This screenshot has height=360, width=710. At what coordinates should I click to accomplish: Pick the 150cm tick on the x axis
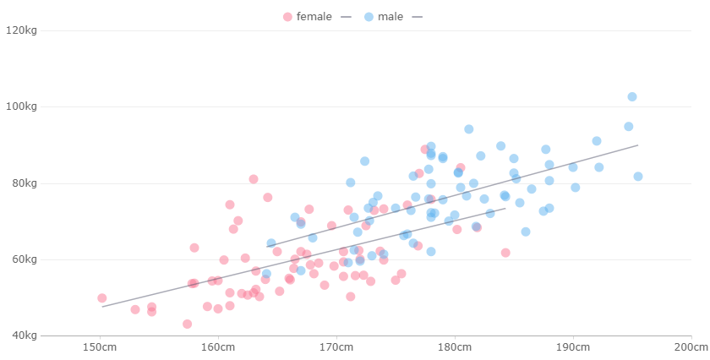click(99, 348)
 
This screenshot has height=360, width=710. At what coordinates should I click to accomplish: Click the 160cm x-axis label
click(217, 348)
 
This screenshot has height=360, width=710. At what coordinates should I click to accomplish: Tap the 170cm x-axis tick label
click(336, 348)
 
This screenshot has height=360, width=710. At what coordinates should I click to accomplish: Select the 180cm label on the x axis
click(455, 348)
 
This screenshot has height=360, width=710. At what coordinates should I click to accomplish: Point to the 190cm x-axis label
click(573, 348)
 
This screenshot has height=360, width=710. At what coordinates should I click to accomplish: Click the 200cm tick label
click(691, 348)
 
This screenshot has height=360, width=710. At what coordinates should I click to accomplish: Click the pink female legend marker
click(287, 17)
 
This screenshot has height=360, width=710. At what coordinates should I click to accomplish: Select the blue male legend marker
click(369, 17)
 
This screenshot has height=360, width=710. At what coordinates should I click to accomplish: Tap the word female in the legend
click(314, 17)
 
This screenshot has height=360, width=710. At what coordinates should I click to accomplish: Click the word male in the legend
click(390, 17)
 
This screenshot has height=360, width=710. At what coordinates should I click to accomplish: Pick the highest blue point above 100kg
click(632, 96)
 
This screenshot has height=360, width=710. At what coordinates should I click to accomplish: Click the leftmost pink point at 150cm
click(101, 298)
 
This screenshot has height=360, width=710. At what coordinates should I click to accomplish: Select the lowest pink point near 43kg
click(187, 324)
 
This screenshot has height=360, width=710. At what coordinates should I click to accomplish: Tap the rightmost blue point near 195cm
click(638, 177)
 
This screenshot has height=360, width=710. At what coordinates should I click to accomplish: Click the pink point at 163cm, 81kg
click(254, 179)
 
